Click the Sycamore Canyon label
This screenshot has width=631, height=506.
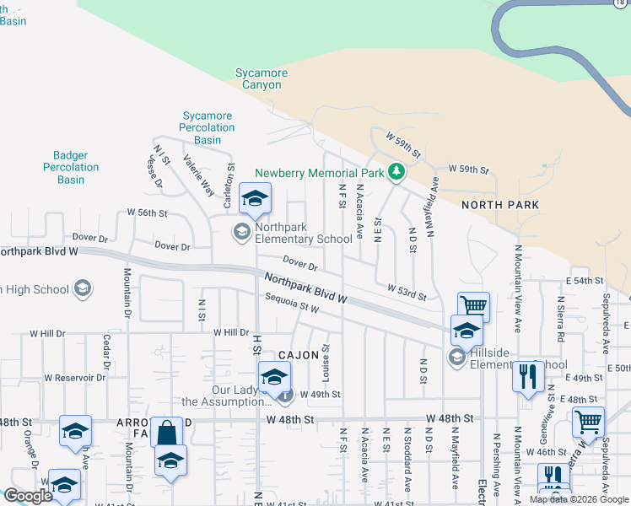(262, 78)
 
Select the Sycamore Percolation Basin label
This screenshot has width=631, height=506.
(208, 127)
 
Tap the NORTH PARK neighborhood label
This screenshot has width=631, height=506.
(499, 205)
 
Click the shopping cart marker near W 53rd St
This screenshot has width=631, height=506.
(474, 306)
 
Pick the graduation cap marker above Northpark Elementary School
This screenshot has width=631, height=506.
(255, 199)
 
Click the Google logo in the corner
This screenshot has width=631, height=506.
(28, 496)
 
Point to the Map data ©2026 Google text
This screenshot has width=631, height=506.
(579, 499)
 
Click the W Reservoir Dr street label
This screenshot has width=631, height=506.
(75, 378)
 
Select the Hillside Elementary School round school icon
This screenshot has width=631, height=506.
(456, 358)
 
